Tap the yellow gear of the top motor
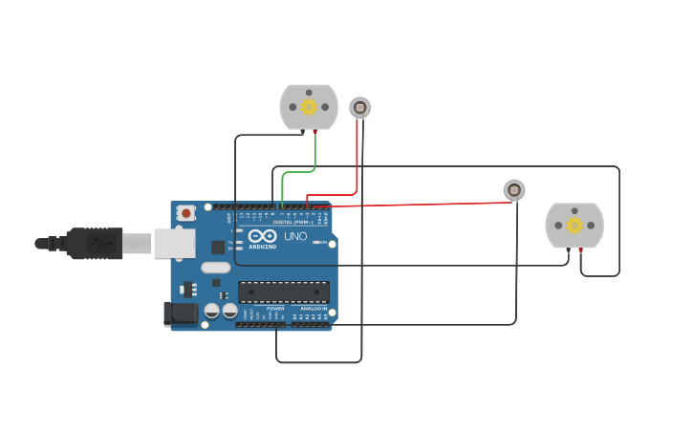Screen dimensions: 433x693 tap(309, 107)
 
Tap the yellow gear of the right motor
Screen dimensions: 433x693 tap(574, 226)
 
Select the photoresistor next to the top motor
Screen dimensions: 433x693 tap(359, 107)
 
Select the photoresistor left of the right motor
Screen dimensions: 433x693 tap(514, 190)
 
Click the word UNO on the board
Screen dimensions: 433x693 tap(295, 236)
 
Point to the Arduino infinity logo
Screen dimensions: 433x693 tap(262, 235)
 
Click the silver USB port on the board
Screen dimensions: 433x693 tap(174, 244)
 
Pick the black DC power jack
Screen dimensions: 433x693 tap(180, 314)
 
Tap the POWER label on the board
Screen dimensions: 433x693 tap(275, 309)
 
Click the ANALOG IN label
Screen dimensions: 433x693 tap(314, 309)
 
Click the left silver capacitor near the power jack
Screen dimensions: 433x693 tap(212, 311)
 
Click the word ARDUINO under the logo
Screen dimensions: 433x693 tap(262, 247)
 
